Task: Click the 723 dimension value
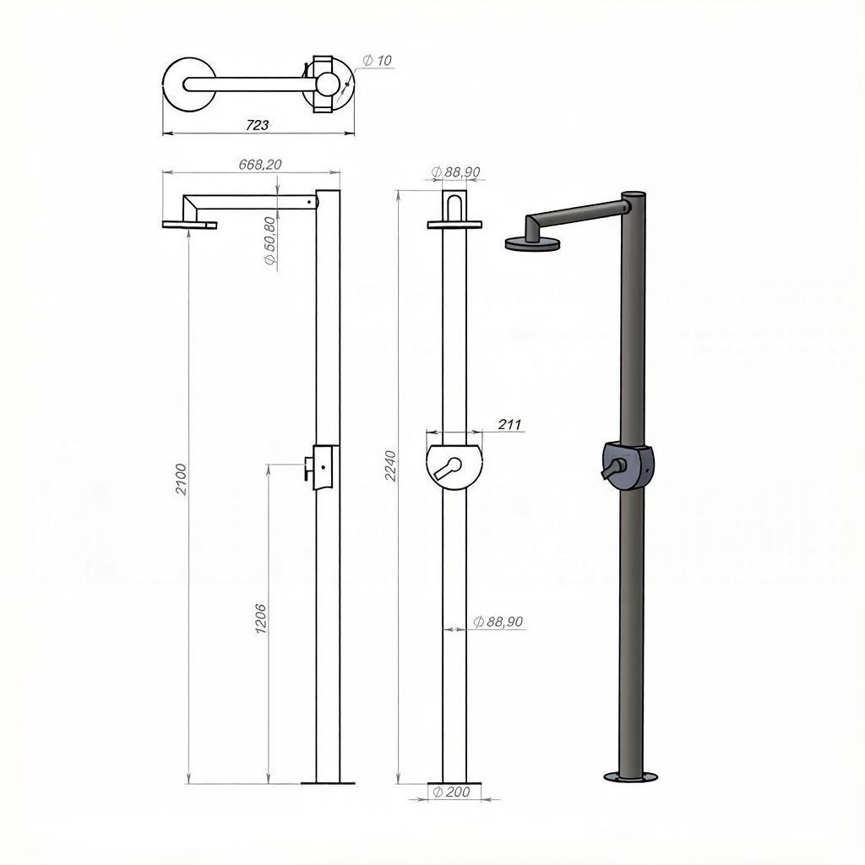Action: click(257, 125)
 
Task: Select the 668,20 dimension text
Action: click(260, 165)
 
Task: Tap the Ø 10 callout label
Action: click(378, 60)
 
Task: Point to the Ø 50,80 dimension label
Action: click(270, 241)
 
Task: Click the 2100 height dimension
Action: click(182, 480)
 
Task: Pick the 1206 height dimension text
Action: click(261, 618)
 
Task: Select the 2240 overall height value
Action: click(390, 466)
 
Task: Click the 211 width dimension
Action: click(509, 424)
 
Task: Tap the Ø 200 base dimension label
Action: click(451, 792)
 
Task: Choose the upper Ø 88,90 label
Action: click(455, 172)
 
